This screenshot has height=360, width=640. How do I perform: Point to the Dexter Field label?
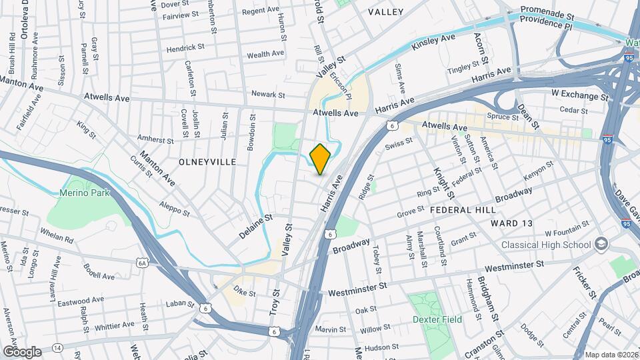coord(438,320)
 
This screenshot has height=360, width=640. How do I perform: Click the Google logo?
coord(22,351)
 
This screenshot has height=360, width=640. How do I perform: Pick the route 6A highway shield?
coord(142,263)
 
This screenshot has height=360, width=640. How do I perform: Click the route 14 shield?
coord(58,348)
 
